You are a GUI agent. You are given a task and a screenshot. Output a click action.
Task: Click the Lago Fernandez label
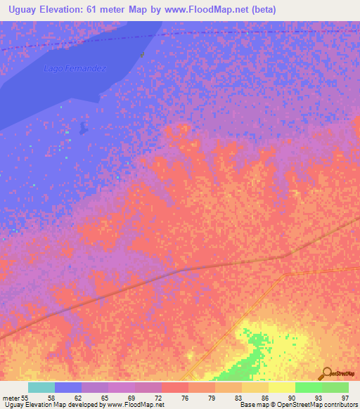[75, 68]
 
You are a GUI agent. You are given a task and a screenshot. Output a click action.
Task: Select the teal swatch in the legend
[41, 387]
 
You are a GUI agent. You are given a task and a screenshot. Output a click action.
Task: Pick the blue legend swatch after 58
[68, 387]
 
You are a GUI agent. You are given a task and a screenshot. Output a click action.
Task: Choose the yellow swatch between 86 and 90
[281, 387]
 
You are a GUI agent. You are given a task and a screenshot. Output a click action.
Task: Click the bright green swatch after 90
[308, 387]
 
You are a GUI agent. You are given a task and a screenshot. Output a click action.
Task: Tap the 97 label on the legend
[345, 398]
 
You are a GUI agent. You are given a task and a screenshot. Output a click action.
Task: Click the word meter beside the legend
[10, 398]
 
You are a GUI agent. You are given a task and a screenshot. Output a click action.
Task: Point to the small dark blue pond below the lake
[84, 128]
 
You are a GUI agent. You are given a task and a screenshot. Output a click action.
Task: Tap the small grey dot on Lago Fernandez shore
[142, 54]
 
